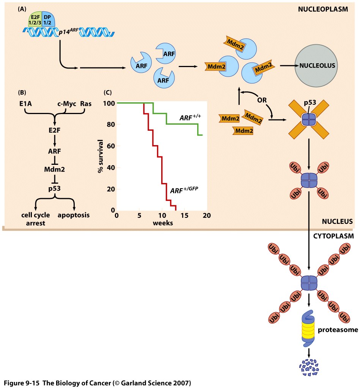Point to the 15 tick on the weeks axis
[x=184, y=215]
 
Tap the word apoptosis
[x=74, y=215]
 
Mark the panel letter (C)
[x=108, y=92]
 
